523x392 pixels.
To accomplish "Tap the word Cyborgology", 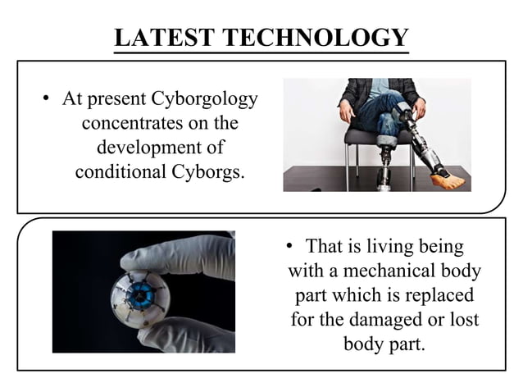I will coord(204,100).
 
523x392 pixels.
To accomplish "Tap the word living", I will coord(387,247).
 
